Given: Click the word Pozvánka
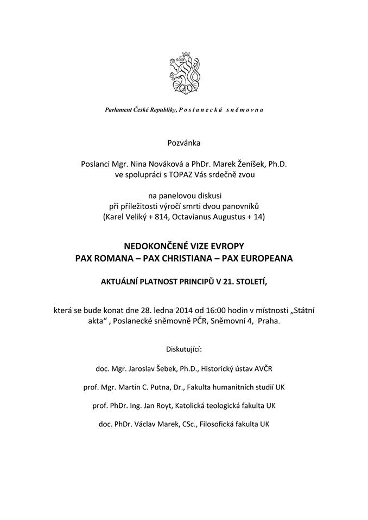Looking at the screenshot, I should tap(184, 143).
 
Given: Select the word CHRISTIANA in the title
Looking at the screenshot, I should tap(182, 259).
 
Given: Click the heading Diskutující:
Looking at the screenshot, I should tap(183, 348).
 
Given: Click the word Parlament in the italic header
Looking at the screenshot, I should tap(118, 110).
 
